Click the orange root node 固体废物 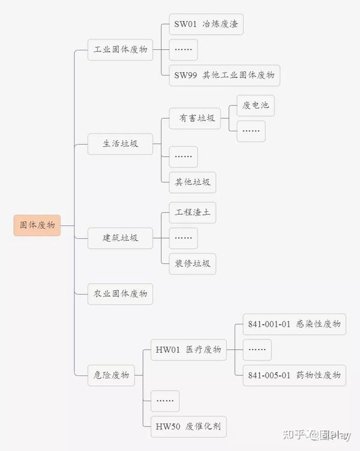[x=37, y=225]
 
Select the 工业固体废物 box [x=120, y=50]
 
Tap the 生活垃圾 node [x=120, y=144]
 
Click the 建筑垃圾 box [x=120, y=238]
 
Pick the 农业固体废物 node [x=120, y=294]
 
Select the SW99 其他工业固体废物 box [x=224, y=75]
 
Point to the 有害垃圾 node [x=196, y=118]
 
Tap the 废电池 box [x=256, y=106]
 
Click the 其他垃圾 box [x=192, y=182]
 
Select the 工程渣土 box [x=192, y=213]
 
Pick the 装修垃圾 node [x=192, y=263]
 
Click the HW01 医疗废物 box [x=188, y=350]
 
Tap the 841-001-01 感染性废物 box [x=294, y=324]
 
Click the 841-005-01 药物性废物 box [x=294, y=375]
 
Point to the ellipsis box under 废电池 [x=251, y=131]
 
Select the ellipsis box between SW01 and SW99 [x=184, y=50]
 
